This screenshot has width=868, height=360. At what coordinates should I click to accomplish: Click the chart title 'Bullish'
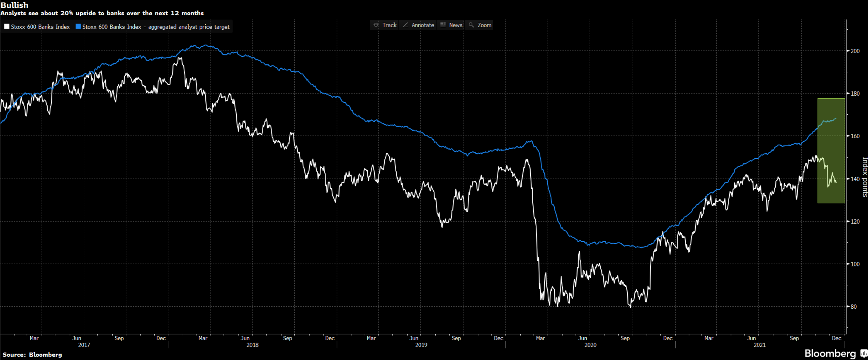(15, 5)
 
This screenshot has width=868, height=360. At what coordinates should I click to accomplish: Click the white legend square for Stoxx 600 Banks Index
(7, 27)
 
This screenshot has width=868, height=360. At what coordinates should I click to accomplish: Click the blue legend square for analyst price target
(78, 27)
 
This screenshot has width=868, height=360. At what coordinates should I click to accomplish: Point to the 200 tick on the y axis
(855, 51)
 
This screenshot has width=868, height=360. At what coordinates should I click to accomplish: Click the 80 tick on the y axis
(853, 307)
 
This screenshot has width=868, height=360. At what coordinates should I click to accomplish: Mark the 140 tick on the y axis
(855, 179)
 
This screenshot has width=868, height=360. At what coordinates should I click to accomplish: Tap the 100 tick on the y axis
(855, 264)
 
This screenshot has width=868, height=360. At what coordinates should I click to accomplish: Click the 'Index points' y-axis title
(865, 177)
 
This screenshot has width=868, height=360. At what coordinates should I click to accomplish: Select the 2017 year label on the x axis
(84, 345)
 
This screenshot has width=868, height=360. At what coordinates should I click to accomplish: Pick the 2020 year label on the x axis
(590, 345)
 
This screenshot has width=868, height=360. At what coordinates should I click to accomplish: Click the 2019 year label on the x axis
(421, 345)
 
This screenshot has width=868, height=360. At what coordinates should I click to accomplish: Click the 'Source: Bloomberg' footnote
(32, 355)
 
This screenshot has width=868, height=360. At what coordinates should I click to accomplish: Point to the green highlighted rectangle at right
(831, 151)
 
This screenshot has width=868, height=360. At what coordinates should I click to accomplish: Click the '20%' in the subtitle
(67, 13)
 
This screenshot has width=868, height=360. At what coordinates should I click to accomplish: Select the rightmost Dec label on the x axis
(836, 338)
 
